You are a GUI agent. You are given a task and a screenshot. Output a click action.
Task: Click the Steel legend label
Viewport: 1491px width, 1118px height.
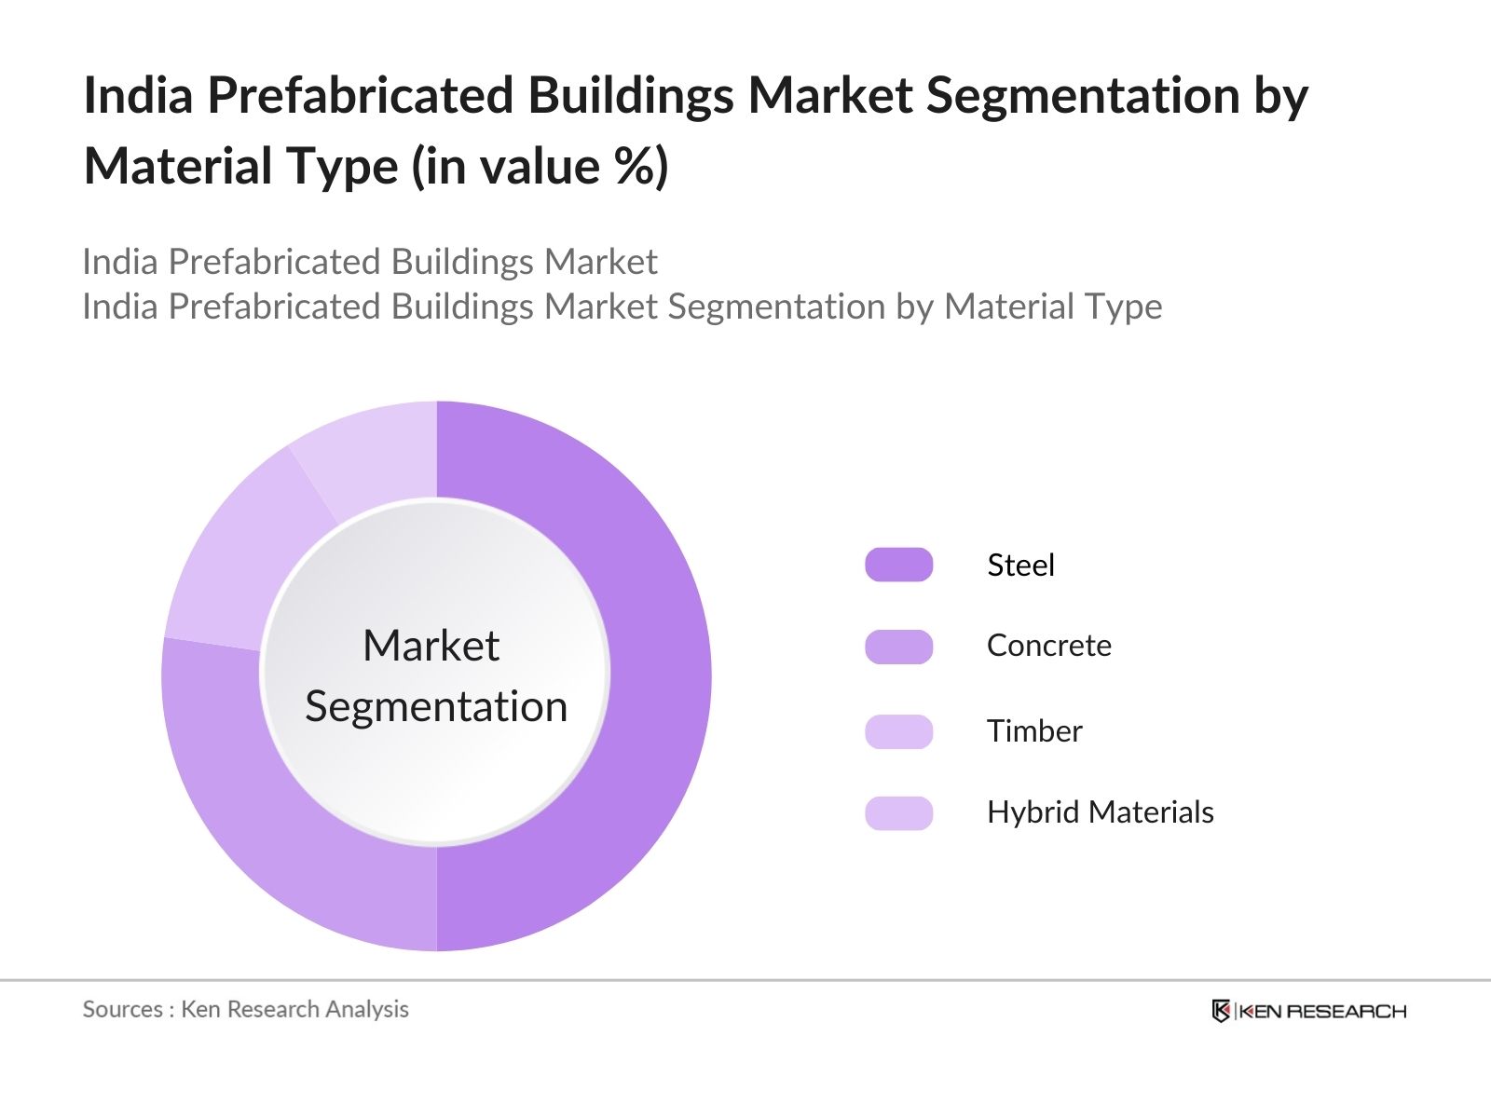pos(1020,566)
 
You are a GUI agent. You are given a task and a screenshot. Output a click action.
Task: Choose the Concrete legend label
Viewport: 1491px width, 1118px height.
pos(1048,646)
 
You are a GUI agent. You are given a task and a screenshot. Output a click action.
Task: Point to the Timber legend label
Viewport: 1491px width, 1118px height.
pos(1034,731)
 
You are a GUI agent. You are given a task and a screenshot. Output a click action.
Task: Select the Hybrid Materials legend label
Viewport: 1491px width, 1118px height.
pos(1100,812)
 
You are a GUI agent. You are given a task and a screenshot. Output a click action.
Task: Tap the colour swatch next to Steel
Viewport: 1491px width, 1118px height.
pos(898,566)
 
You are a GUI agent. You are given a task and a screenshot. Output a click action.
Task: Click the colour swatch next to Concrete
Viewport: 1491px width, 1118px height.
pos(898,647)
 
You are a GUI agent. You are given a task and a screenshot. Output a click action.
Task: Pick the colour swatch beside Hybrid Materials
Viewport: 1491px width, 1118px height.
pos(898,813)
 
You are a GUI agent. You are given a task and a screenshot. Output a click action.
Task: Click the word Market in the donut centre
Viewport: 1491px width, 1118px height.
pos(431,646)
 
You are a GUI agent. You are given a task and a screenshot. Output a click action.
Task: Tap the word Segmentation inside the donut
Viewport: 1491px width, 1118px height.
pos(436,706)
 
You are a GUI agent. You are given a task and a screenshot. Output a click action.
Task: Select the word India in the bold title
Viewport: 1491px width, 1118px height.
pos(138,96)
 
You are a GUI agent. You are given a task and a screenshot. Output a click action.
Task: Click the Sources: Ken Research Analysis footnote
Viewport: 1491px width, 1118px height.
pos(245,1009)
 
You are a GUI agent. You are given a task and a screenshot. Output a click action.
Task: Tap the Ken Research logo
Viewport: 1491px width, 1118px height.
pos(1308,1011)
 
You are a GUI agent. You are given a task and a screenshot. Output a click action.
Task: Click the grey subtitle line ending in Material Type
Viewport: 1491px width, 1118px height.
pos(622,307)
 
